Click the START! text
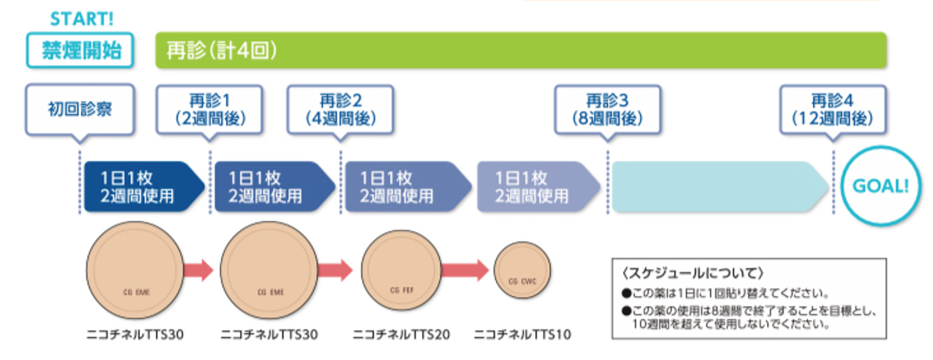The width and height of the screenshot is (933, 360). point(81,19)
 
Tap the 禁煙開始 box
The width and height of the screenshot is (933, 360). point(80,50)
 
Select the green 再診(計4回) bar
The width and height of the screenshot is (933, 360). point(521,50)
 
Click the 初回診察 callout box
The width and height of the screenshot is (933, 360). point(79,110)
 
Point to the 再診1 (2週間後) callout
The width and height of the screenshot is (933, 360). point(210,109)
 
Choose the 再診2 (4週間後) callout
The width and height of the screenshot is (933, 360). point(340,109)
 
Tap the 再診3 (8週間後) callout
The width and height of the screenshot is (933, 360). point(607,109)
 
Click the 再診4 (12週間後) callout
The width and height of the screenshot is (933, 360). point(833,109)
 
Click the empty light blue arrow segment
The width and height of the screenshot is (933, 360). point(718,187)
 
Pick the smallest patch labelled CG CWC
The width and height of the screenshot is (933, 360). point(522,270)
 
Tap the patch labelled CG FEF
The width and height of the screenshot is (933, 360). point(401,270)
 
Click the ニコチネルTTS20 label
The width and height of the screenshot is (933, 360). point(401,335)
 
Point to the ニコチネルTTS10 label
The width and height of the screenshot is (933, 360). point(522,335)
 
